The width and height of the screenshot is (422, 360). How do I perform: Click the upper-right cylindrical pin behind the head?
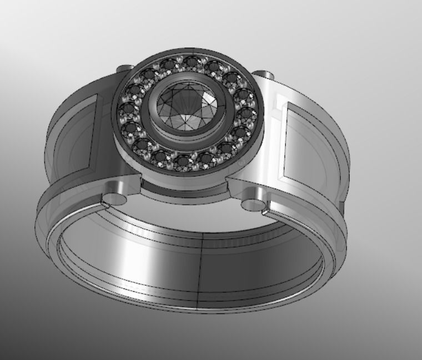(x=265, y=75)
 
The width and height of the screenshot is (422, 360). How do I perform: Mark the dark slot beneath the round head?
(x=183, y=190)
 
